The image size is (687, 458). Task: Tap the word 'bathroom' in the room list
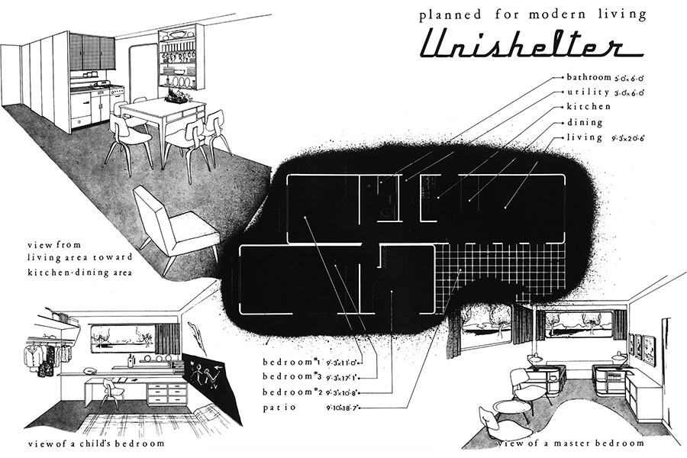[590, 77]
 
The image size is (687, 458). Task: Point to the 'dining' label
[585, 122]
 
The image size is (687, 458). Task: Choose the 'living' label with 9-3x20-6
[585, 137]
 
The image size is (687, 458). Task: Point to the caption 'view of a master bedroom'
[570, 443]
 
